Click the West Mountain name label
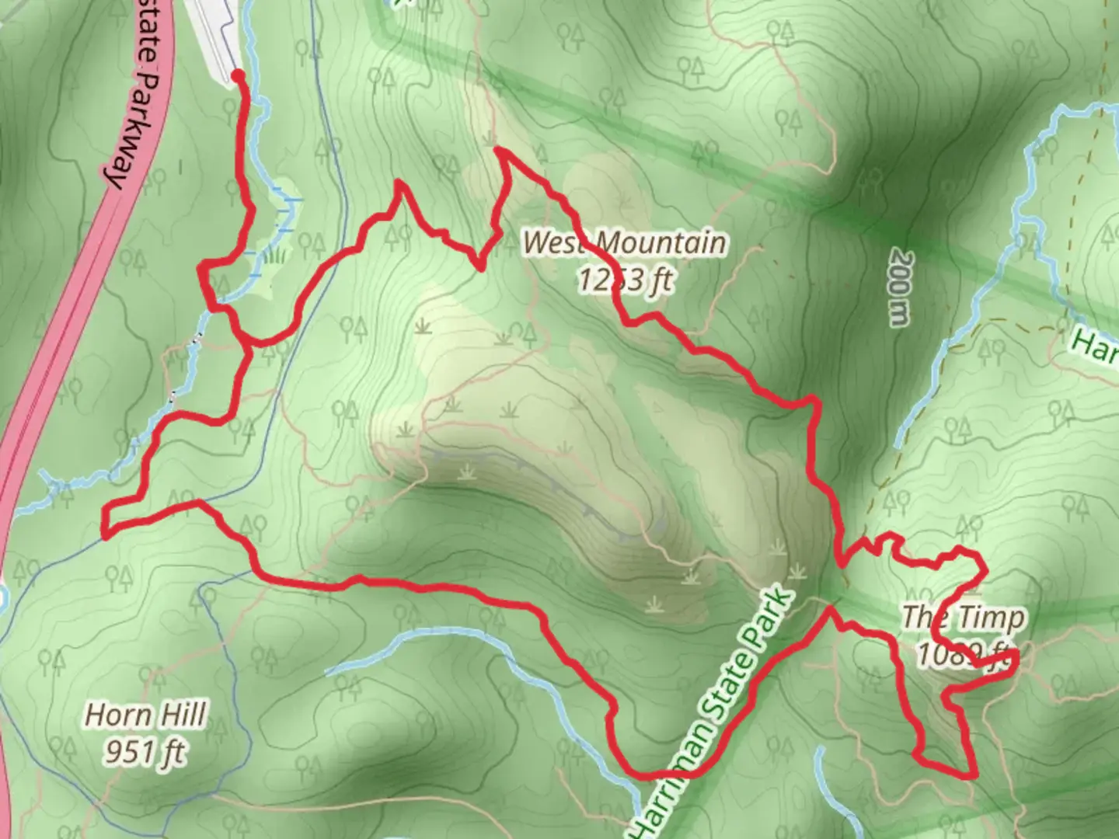[625, 242]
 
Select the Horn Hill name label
[146, 715]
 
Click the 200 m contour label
[900, 287]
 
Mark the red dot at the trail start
[238, 75]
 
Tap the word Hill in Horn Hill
[181, 715]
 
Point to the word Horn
[115, 715]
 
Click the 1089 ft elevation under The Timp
[964, 654]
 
